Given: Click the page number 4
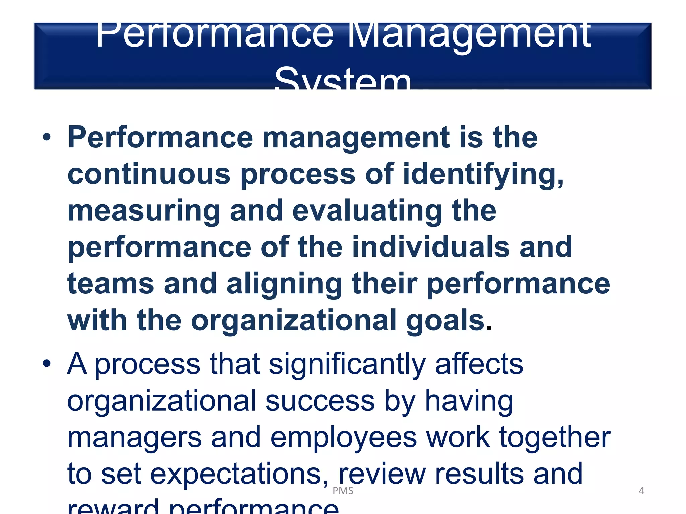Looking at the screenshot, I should pyautogui.click(x=641, y=491).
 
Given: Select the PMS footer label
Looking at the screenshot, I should pyautogui.click(x=343, y=491).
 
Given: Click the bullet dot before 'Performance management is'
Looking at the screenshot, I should pyautogui.click(x=47, y=137).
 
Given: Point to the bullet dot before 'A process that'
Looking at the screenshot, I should pyautogui.click(x=47, y=364).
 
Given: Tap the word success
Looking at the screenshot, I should pyautogui.click(x=320, y=401).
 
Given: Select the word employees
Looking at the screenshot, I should pyautogui.click(x=343, y=438).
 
